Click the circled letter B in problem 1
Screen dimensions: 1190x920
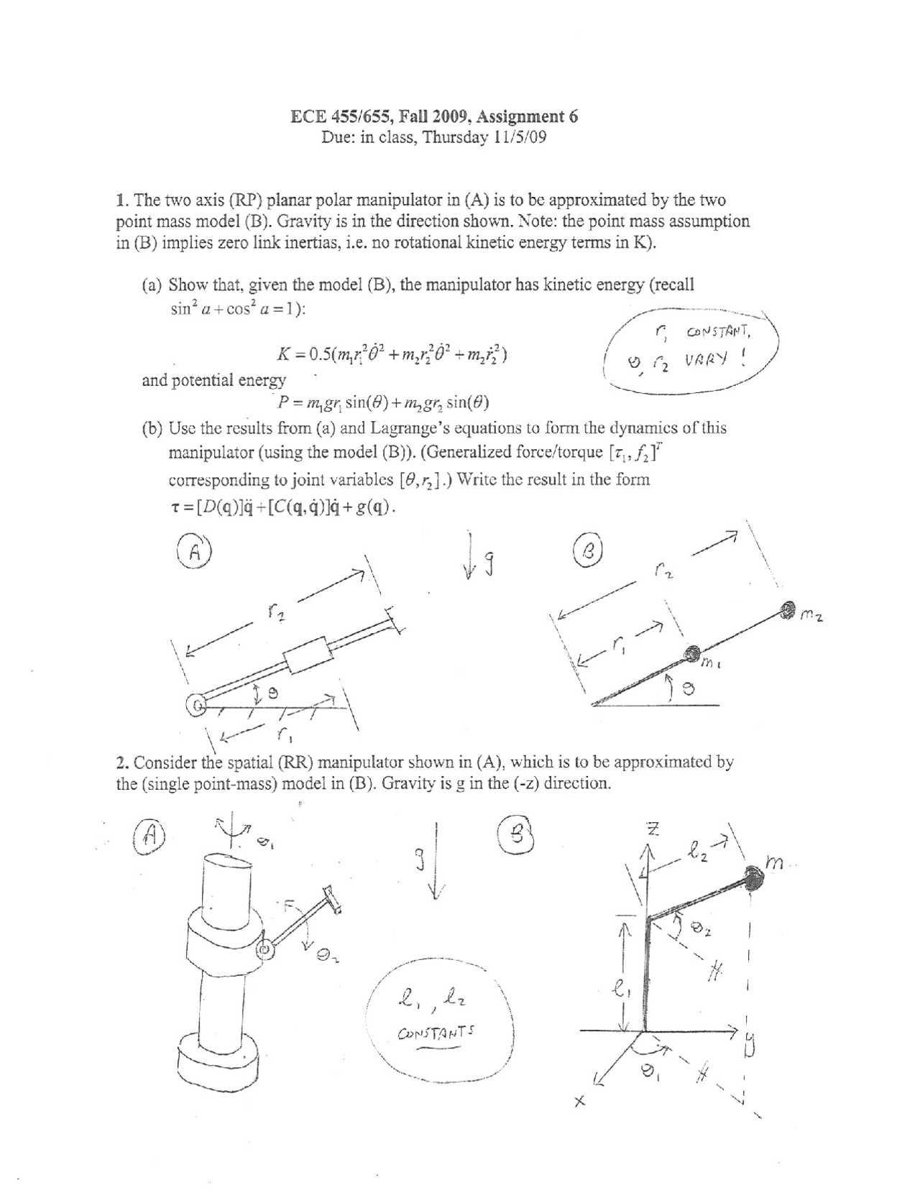(587, 552)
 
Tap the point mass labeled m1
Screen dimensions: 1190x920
(691, 653)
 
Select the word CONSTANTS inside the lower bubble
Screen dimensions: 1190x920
(436, 1034)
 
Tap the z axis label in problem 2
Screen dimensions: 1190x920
(653, 829)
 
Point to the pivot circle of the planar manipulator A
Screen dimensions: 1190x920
(195, 705)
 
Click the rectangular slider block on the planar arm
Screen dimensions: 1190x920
(308, 652)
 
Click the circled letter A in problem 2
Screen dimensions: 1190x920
(149, 836)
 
